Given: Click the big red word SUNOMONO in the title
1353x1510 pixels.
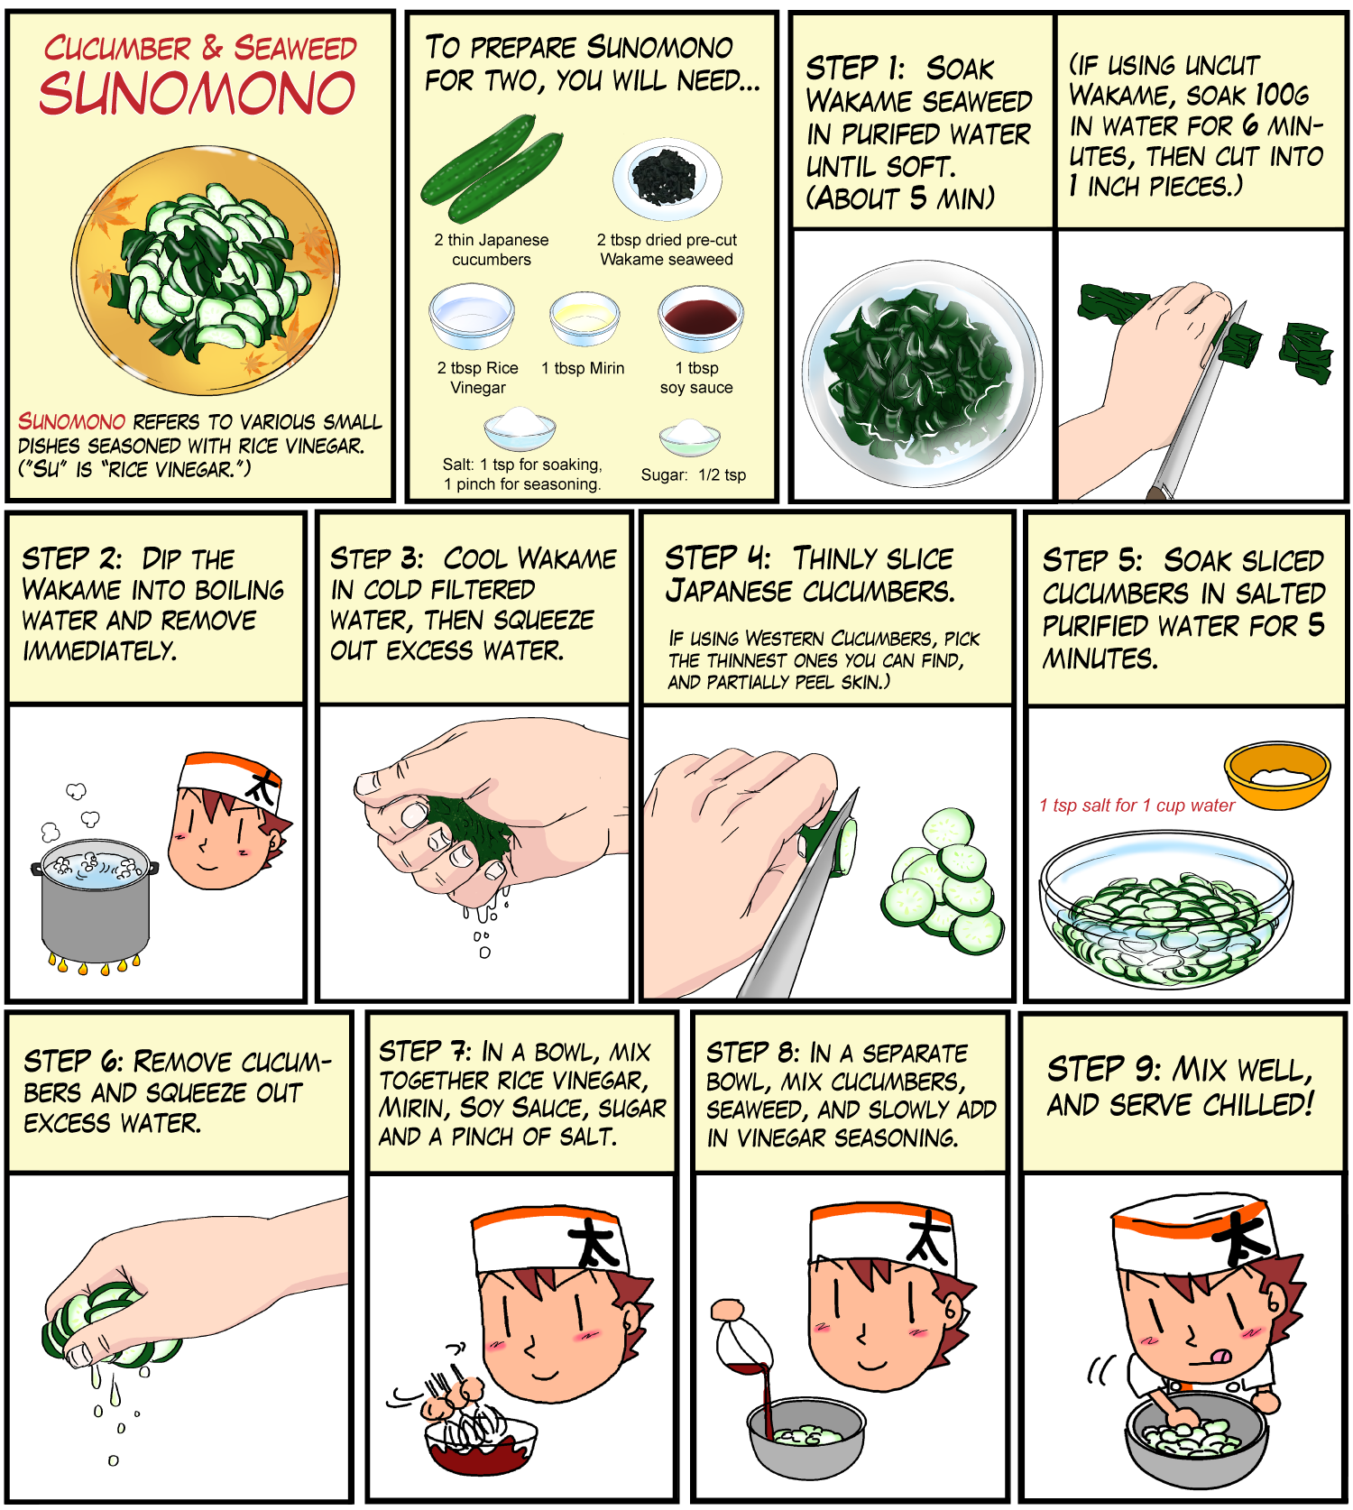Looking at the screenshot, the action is tap(197, 93).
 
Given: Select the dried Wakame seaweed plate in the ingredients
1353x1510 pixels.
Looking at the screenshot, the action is tap(667, 179).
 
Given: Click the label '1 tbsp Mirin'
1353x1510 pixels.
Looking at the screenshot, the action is tap(583, 368).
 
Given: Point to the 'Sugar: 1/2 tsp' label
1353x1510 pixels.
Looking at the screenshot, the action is tap(694, 474).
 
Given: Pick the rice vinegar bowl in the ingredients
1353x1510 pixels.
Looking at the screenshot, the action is tap(471, 316).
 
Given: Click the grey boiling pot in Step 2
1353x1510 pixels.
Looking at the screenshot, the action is tap(95, 902).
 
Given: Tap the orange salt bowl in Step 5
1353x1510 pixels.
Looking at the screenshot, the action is tap(1277, 775).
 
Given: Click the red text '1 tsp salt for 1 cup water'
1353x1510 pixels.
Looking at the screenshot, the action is tap(1137, 806).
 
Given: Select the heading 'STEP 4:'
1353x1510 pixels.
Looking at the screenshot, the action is tap(718, 558).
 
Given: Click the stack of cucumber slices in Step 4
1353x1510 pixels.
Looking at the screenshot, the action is tap(943, 881).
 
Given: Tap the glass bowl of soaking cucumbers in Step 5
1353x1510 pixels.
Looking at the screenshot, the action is tap(1166, 910).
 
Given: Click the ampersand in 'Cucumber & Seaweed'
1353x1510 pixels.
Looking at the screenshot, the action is tap(212, 48).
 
